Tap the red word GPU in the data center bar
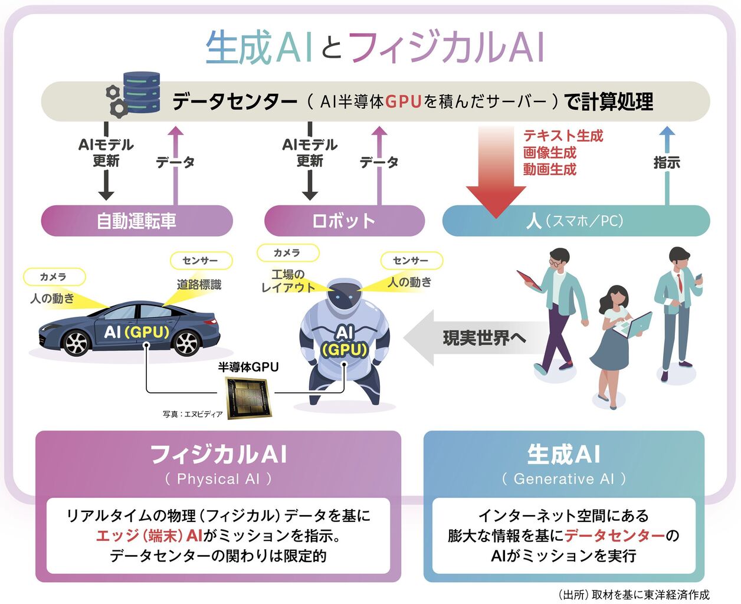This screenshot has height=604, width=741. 404,102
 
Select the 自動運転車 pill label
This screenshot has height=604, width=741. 137,221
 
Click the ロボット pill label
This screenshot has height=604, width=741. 344,221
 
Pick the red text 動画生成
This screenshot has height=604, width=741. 549,169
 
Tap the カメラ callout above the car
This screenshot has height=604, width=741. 53,277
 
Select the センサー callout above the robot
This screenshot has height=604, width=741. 411,260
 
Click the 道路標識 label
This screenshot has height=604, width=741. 199,284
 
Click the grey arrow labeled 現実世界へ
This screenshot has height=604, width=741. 466,338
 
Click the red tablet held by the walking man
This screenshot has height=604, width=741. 529,280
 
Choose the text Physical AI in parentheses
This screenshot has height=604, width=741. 218,479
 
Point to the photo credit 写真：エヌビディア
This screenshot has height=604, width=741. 193,414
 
